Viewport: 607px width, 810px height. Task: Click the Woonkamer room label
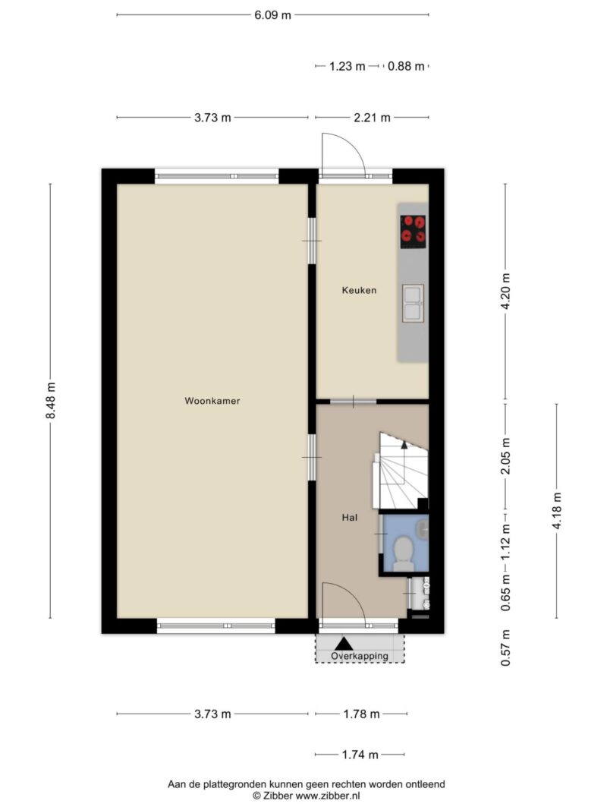tap(212, 401)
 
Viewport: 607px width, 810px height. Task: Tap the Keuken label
tap(359, 290)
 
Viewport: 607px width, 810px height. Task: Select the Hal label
tap(350, 518)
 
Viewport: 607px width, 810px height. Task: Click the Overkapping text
tap(360, 656)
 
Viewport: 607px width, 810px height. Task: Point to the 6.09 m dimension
tap(272, 15)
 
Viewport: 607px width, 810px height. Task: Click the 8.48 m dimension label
tap(51, 401)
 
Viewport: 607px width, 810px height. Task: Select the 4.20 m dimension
tap(506, 292)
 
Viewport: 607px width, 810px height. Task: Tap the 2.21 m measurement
tap(372, 118)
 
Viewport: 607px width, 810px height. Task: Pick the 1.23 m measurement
tap(347, 66)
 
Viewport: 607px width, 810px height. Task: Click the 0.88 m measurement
tap(406, 66)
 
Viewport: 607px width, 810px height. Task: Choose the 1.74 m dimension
tap(360, 755)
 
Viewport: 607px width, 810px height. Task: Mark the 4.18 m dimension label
tap(556, 510)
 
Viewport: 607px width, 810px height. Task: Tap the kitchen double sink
tap(413, 303)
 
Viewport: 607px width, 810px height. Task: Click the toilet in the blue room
tap(403, 553)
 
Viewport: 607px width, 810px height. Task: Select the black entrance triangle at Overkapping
tap(343, 644)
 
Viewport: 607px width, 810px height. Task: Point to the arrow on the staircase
tap(404, 444)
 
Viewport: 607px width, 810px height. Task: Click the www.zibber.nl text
tap(328, 796)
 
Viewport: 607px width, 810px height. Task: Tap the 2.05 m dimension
tap(506, 455)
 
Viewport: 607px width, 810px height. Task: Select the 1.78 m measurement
tap(361, 714)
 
